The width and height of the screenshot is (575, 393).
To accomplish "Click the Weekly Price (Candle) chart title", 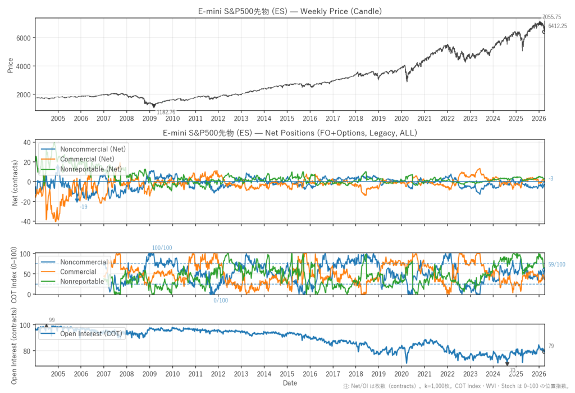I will (290, 11).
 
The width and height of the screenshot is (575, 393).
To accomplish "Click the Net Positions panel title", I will (290, 133).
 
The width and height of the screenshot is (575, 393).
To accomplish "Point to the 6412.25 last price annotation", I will (558, 26).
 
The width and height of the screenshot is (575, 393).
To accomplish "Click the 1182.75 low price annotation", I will (166, 112).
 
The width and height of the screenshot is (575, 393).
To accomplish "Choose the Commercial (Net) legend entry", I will (88, 159).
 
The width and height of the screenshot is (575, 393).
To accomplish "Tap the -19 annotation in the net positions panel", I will (83, 207).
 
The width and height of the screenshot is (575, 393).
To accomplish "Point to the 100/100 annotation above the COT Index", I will (162, 248).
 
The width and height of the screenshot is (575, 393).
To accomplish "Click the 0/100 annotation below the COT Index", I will (221, 301).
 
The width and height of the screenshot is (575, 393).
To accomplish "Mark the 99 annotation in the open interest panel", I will (52, 320).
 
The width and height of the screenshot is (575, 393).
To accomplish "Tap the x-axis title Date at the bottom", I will (290, 383).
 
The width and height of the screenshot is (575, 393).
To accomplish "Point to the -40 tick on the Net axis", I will (25, 222).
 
